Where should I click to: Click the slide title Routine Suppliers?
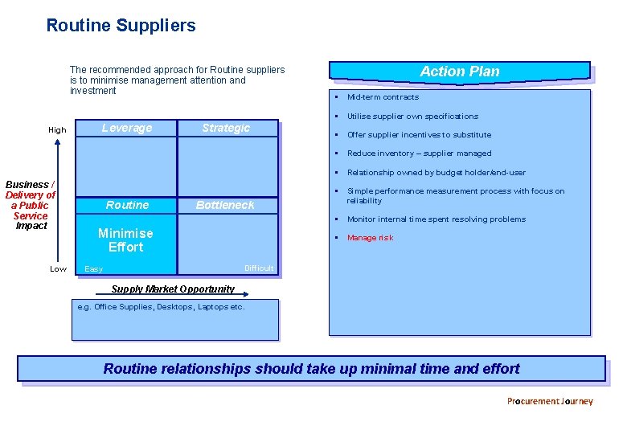pyautogui.click(x=121, y=26)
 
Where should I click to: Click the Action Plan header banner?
pyautogui.click(x=459, y=72)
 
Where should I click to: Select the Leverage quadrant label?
pyautogui.click(x=127, y=129)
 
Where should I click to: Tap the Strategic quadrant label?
pyautogui.click(x=226, y=129)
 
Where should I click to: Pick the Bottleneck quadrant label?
pyautogui.click(x=225, y=206)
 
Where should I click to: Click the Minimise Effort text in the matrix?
pyautogui.click(x=125, y=240)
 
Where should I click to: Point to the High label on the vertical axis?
pyautogui.click(x=58, y=130)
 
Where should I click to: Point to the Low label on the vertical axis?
pyautogui.click(x=58, y=269)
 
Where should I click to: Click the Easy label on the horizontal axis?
pyautogui.click(x=94, y=269)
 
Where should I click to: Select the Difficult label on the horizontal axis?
pyautogui.click(x=259, y=268)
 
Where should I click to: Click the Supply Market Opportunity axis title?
pyautogui.click(x=173, y=289)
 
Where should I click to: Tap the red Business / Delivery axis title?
pyautogui.click(x=31, y=205)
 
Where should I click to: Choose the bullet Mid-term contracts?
pyautogui.click(x=383, y=97)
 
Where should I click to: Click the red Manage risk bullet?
pyautogui.click(x=370, y=238)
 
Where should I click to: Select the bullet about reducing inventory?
pyautogui.click(x=419, y=154)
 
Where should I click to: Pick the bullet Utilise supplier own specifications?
pyautogui.click(x=412, y=117)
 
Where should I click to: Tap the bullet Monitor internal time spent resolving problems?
pyautogui.click(x=436, y=219)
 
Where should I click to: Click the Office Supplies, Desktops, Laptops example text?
pyautogui.click(x=161, y=307)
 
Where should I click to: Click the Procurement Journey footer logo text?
pyautogui.click(x=550, y=401)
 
